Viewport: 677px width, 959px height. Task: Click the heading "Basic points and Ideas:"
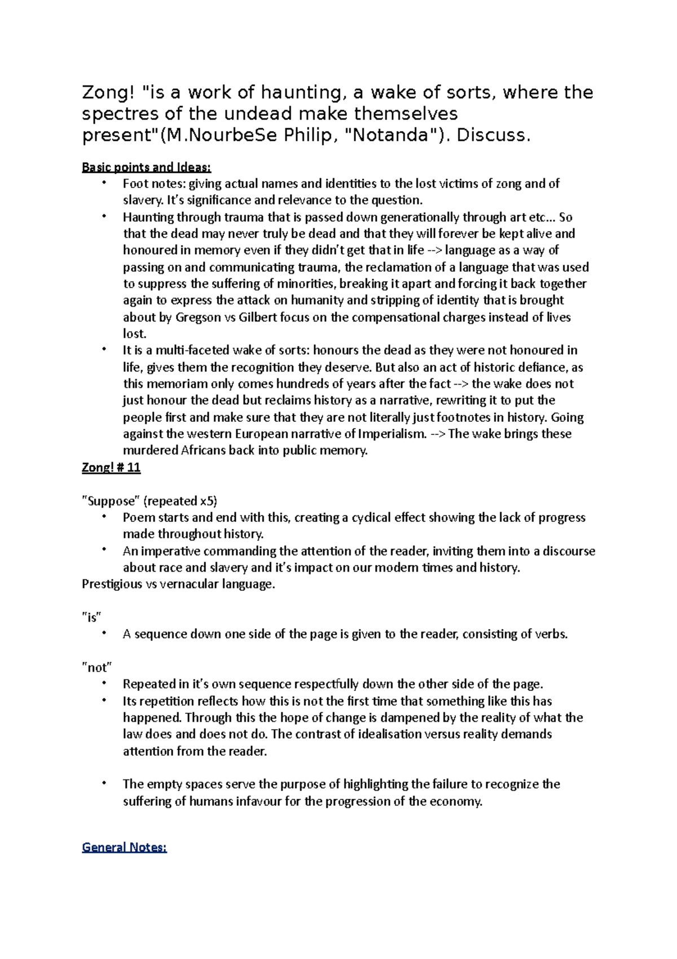coord(146,167)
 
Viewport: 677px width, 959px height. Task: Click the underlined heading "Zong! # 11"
coord(111,468)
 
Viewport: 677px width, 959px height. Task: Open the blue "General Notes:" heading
coord(124,847)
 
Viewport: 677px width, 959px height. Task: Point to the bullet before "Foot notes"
coord(104,182)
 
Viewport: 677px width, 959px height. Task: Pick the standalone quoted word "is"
coord(91,617)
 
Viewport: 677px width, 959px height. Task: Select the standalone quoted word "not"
coord(97,668)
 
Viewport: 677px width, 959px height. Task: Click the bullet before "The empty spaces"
coord(104,783)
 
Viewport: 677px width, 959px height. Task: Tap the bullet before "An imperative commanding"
coord(104,550)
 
